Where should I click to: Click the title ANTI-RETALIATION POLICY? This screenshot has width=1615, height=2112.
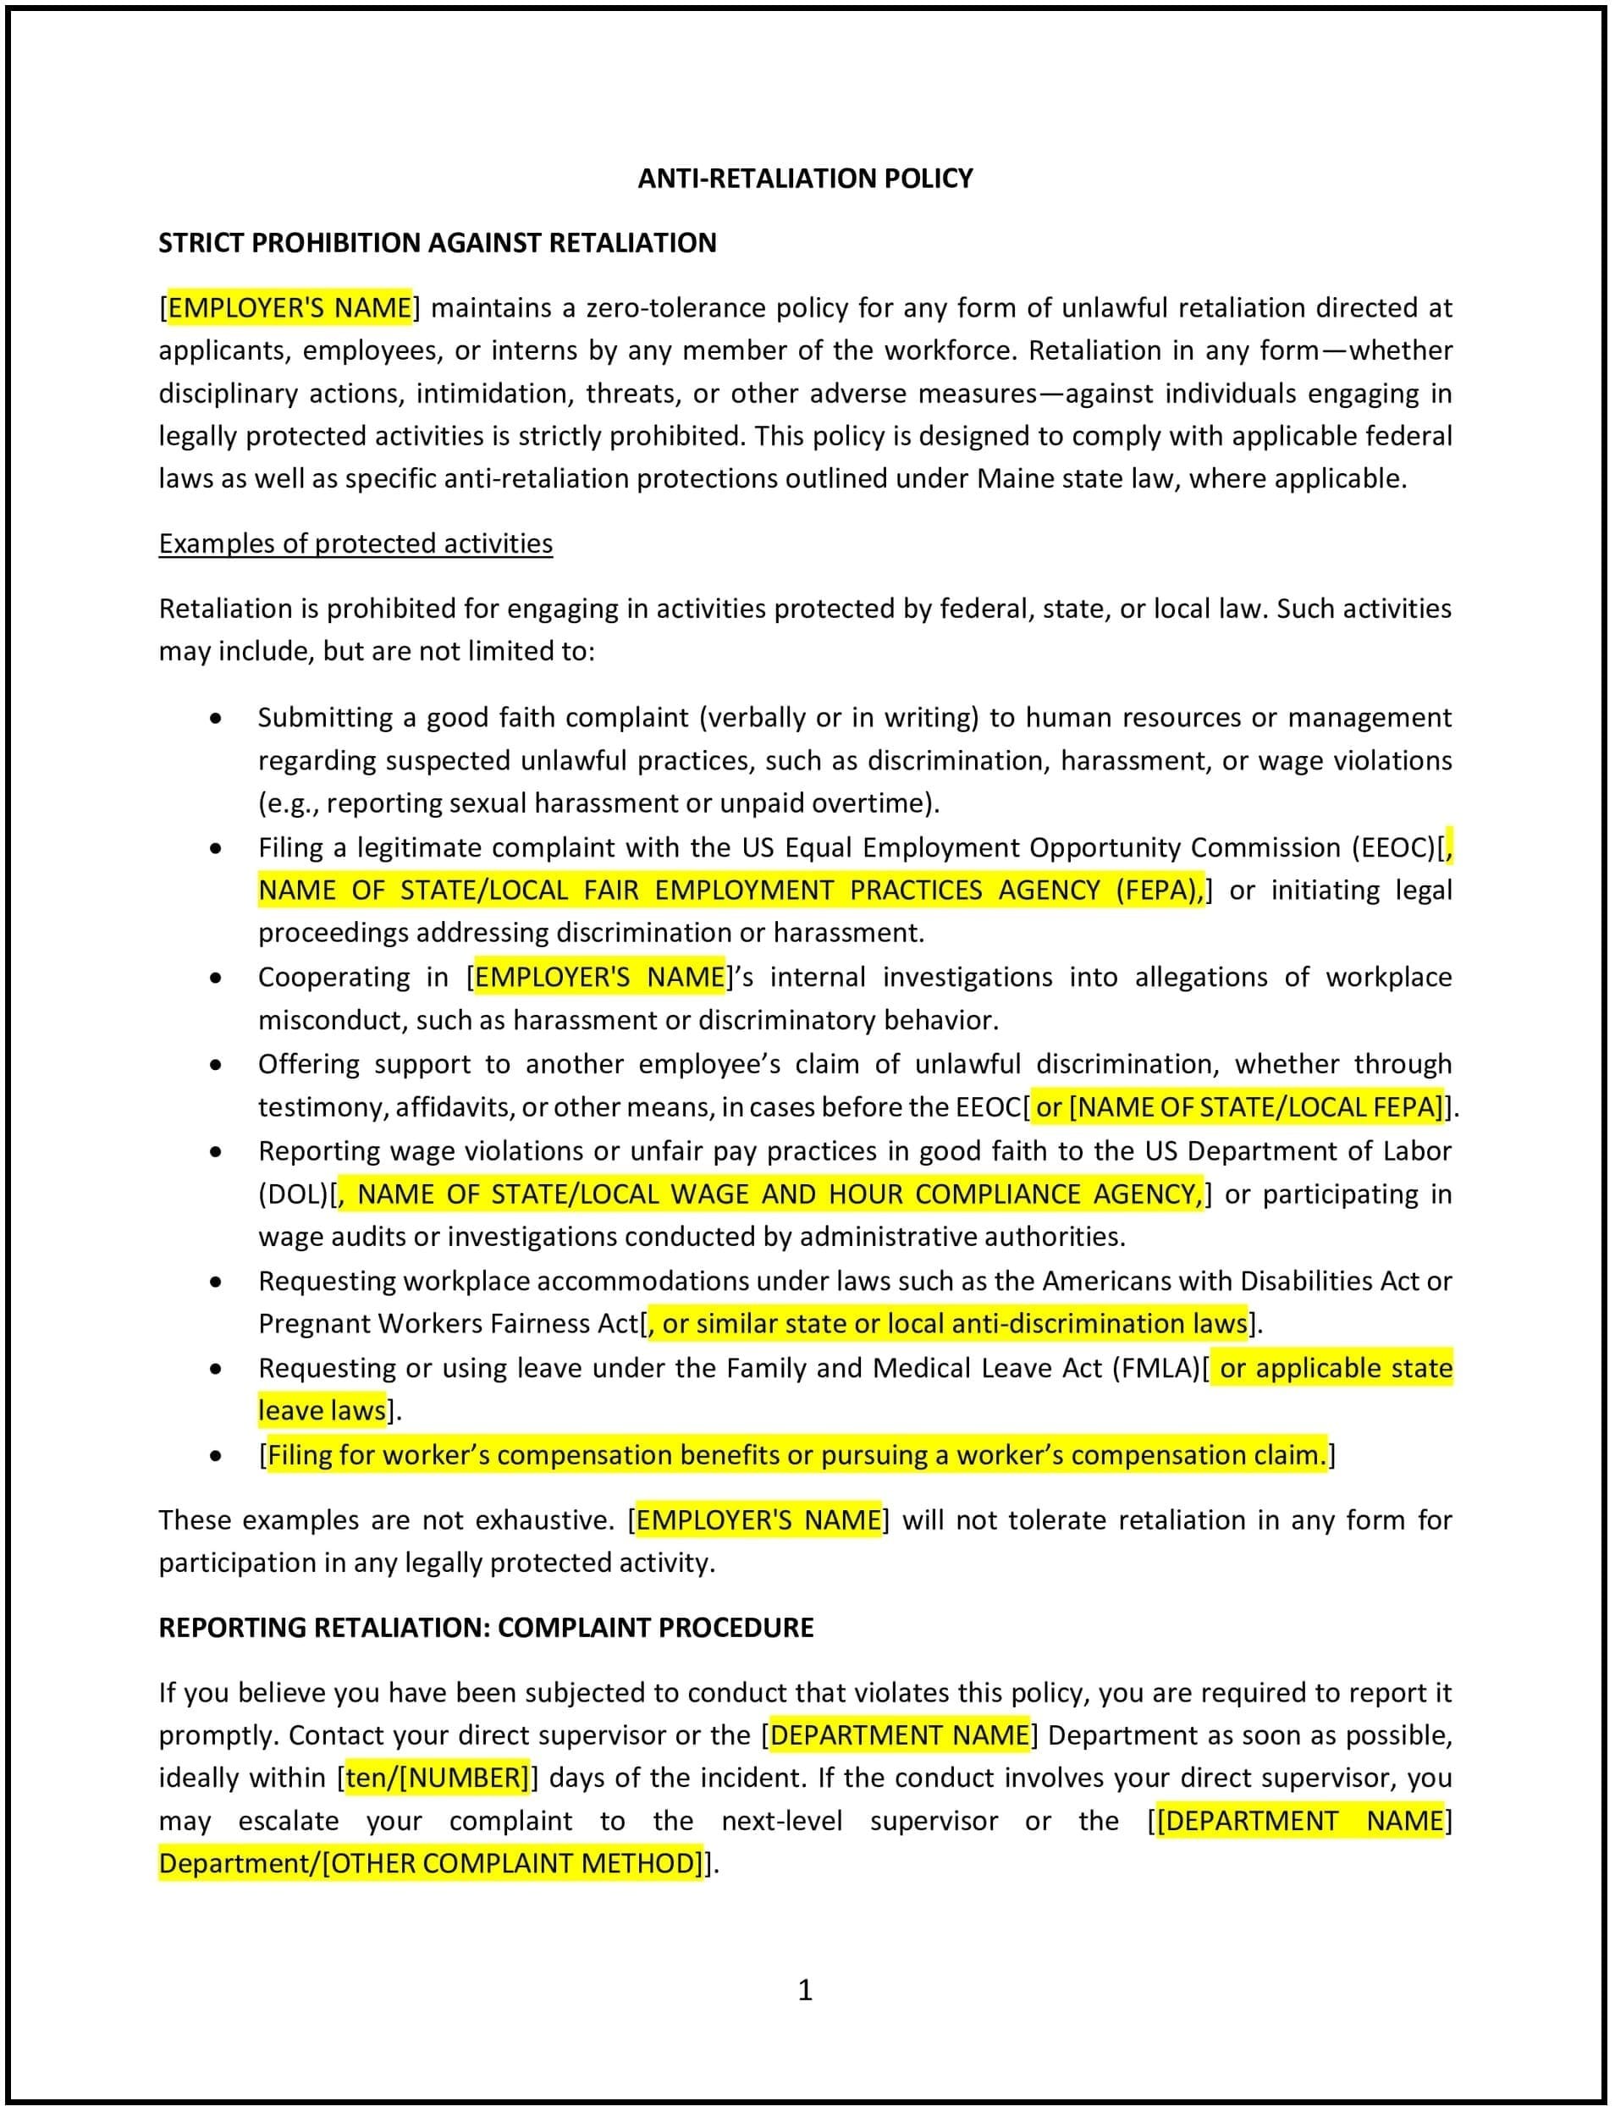(805, 178)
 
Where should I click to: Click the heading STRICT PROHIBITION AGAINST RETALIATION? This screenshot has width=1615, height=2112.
(438, 242)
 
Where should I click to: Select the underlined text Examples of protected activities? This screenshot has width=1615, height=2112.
(356, 543)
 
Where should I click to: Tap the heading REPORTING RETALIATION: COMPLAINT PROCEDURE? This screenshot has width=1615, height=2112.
(486, 1628)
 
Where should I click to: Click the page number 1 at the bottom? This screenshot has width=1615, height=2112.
(805, 1990)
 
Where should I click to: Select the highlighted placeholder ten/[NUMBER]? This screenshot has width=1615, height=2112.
(438, 1778)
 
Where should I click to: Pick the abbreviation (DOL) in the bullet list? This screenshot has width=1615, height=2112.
(292, 1194)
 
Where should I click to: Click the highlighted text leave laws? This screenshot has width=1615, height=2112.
(322, 1410)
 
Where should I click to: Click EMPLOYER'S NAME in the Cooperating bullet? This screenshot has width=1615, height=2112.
(600, 977)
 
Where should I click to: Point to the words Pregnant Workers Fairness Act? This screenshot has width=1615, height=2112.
(448, 1324)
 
